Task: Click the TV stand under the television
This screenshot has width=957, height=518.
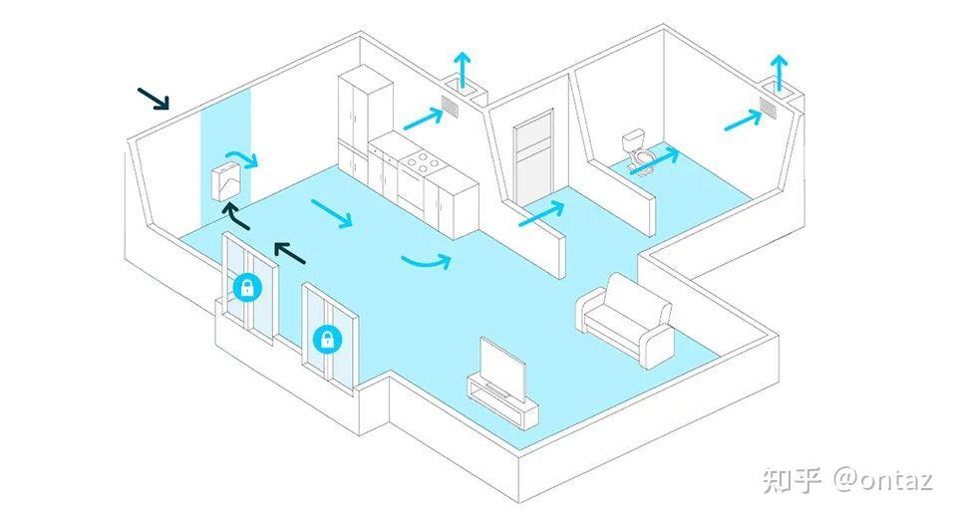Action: click(x=502, y=400)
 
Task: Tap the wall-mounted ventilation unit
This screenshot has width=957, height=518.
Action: click(x=226, y=180)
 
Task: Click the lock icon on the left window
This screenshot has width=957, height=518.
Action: click(x=247, y=287)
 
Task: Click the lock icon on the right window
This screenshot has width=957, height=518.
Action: click(x=328, y=339)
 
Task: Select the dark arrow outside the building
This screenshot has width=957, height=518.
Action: click(x=154, y=99)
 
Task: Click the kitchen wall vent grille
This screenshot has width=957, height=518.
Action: click(x=451, y=107)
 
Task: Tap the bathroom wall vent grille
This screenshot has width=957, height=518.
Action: click(x=769, y=107)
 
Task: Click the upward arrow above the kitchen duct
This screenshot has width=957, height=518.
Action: click(x=463, y=70)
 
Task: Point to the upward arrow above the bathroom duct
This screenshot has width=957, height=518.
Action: click(x=779, y=73)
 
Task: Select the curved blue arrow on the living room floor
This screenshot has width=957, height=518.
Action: click(x=427, y=263)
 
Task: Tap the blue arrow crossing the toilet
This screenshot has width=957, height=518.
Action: click(x=654, y=161)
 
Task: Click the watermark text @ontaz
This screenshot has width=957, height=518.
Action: click(x=884, y=479)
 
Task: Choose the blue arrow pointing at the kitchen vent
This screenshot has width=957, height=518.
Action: click(x=423, y=119)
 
